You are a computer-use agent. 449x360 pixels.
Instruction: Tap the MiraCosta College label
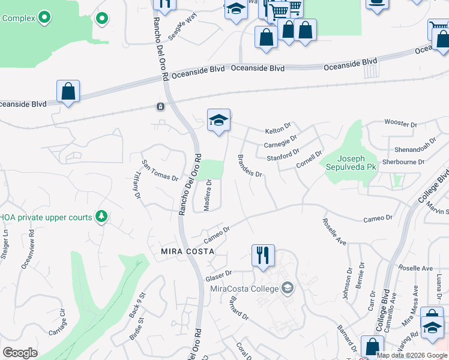(x=244, y=289)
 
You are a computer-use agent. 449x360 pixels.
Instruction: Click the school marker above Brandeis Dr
(x=219, y=120)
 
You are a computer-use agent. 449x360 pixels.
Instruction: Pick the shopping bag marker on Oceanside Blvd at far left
(x=68, y=92)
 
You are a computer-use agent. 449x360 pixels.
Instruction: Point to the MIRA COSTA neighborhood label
(x=187, y=251)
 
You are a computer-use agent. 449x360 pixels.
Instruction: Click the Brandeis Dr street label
(x=250, y=166)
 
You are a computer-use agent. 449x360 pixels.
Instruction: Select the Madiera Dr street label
(x=208, y=196)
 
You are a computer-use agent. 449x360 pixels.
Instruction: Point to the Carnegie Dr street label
(x=281, y=142)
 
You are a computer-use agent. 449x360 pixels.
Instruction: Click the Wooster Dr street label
(x=400, y=124)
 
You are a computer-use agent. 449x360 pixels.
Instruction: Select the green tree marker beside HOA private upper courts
(x=101, y=216)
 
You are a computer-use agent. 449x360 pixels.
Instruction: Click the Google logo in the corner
(x=20, y=353)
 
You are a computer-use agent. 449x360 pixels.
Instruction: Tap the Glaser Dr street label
(x=218, y=277)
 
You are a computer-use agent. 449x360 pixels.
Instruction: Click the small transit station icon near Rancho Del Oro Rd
(x=161, y=107)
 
